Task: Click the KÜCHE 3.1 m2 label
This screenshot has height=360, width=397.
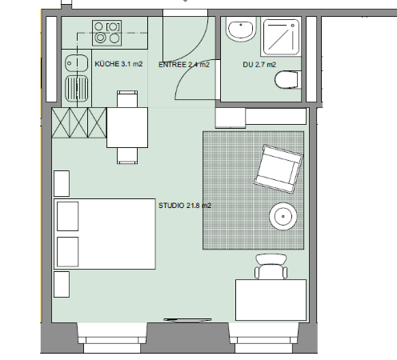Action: pyautogui.click(x=118, y=64)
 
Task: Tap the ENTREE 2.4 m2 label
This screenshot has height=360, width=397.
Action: pyautogui.click(x=184, y=65)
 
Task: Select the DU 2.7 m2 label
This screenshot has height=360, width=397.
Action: pyautogui.click(x=259, y=65)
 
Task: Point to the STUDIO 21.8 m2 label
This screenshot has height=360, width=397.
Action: pyautogui.click(x=185, y=206)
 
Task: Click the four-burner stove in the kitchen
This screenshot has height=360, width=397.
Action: pyautogui.click(x=107, y=33)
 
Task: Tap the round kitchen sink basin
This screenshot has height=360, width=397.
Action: pyautogui.click(x=77, y=63)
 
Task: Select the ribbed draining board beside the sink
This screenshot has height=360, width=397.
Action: pyautogui.click(x=77, y=88)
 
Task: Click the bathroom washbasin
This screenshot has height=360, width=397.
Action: pyautogui.click(x=241, y=29)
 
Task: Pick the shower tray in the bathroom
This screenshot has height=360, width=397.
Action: pyautogui.click(x=281, y=37)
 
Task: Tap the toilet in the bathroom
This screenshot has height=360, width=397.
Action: pyautogui.click(x=287, y=79)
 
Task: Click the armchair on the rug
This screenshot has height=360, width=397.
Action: pyautogui.click(x=279, y=169)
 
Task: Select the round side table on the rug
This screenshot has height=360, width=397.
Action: pyautogui.click(x=283, y=216)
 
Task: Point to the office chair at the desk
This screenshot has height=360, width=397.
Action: pyautogui.click(x=271, y=266)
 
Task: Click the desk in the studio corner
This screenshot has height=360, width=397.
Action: pyautogui.click(x=271, y=300)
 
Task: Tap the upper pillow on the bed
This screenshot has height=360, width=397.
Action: pyautogui.click(x=68, y=216)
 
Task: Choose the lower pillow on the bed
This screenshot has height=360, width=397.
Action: pyautogui.click(x=68, y=252)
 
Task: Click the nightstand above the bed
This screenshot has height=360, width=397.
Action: pyautogui.click(x=62, y=183)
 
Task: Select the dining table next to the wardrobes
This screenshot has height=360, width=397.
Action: pyautogui.click(x=127, y=127)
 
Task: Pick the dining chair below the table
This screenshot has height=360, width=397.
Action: pyautogui.click(x=127, y=156)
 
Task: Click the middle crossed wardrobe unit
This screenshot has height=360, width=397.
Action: pyautogui.click(x=78, y=122)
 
